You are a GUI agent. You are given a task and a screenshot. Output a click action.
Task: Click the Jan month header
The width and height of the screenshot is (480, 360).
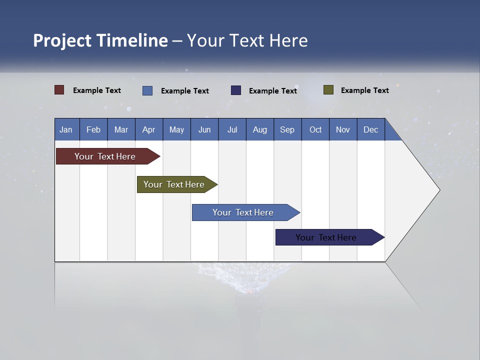pos(66,129)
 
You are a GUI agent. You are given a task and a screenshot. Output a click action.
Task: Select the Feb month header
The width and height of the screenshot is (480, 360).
pos(93,129)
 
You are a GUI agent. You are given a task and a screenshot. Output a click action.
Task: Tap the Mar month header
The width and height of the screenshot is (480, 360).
pos(121,129)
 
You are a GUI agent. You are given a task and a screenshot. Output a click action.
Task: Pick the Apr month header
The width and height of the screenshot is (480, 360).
pos(149,129)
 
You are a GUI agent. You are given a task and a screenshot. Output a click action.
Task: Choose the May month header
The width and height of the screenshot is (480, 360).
pos(176,129)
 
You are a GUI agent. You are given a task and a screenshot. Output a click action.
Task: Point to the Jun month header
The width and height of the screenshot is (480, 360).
pos(204,129)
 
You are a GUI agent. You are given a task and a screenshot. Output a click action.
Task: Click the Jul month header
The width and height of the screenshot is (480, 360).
pos(232,129)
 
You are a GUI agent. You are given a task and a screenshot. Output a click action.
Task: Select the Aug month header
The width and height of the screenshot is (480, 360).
pos(260,129)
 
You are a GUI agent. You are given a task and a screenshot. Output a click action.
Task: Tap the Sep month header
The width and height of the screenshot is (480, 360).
pos(287,129)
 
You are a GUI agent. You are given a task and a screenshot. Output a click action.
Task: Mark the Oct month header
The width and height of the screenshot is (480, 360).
pos(315,129)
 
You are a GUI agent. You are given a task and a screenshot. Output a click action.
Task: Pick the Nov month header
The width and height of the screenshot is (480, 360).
pos(343,129)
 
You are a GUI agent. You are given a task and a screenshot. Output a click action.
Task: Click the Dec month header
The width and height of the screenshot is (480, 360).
pos(371,129)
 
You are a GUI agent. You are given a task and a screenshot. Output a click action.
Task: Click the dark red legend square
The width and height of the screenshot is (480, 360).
pos(59,90)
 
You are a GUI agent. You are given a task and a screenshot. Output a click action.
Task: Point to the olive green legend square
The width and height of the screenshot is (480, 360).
pos(328,90)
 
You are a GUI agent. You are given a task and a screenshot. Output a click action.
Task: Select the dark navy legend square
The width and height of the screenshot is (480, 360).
pos(236,90)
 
